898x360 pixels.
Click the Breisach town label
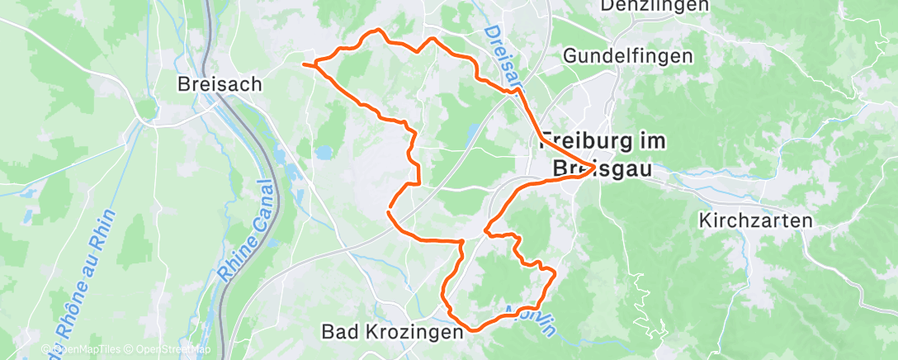(220, 83)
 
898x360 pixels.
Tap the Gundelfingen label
(627, 56)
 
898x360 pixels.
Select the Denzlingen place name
(655, 6)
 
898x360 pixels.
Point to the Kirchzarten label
(755, 220)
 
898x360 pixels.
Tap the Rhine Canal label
(248, 233)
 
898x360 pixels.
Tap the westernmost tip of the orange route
(304, 64)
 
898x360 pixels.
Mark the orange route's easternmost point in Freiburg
(594, 168)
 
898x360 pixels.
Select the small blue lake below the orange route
(324, 152)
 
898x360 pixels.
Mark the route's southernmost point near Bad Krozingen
(474, 329)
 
